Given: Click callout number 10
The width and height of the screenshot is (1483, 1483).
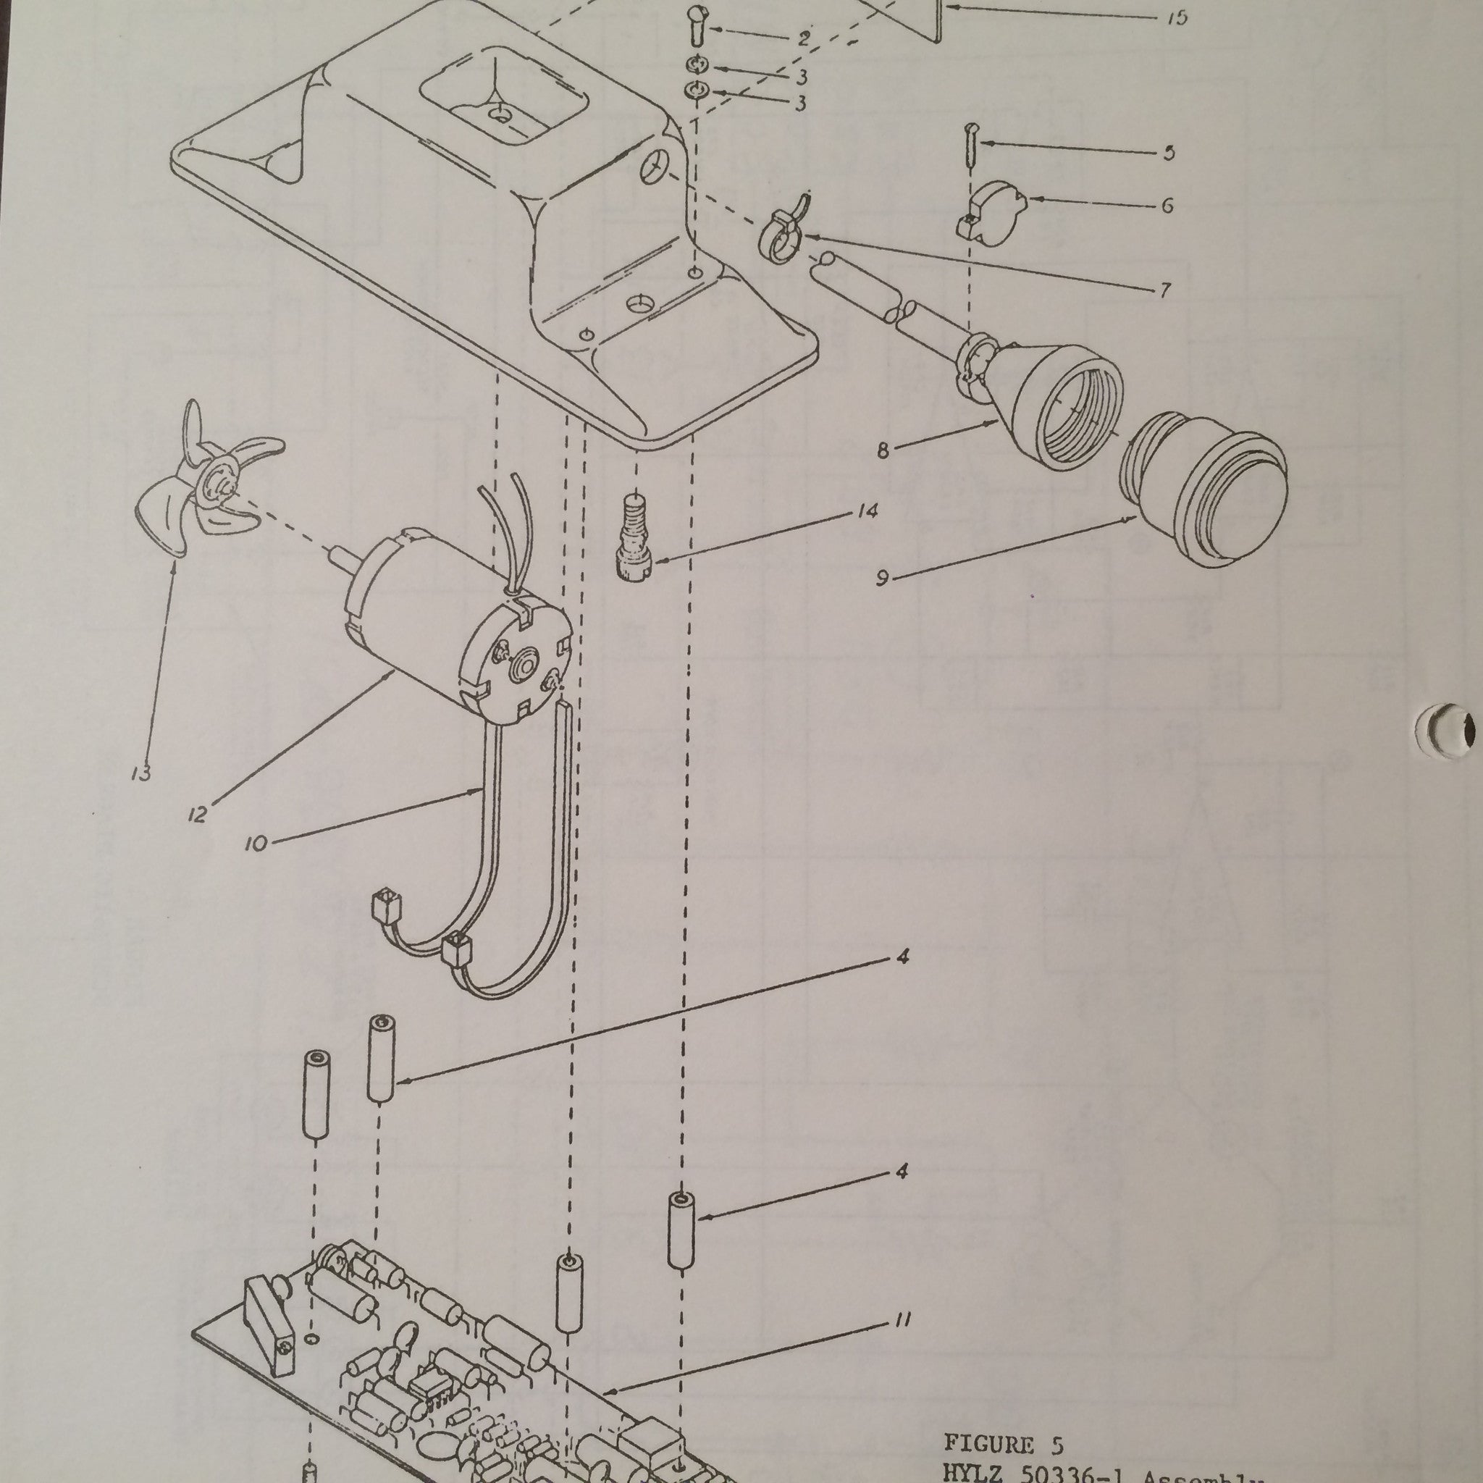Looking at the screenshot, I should point(256,844).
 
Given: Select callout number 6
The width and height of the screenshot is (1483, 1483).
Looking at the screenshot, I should point(1167,206).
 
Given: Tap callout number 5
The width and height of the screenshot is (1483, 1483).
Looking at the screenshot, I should point(1168,153).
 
